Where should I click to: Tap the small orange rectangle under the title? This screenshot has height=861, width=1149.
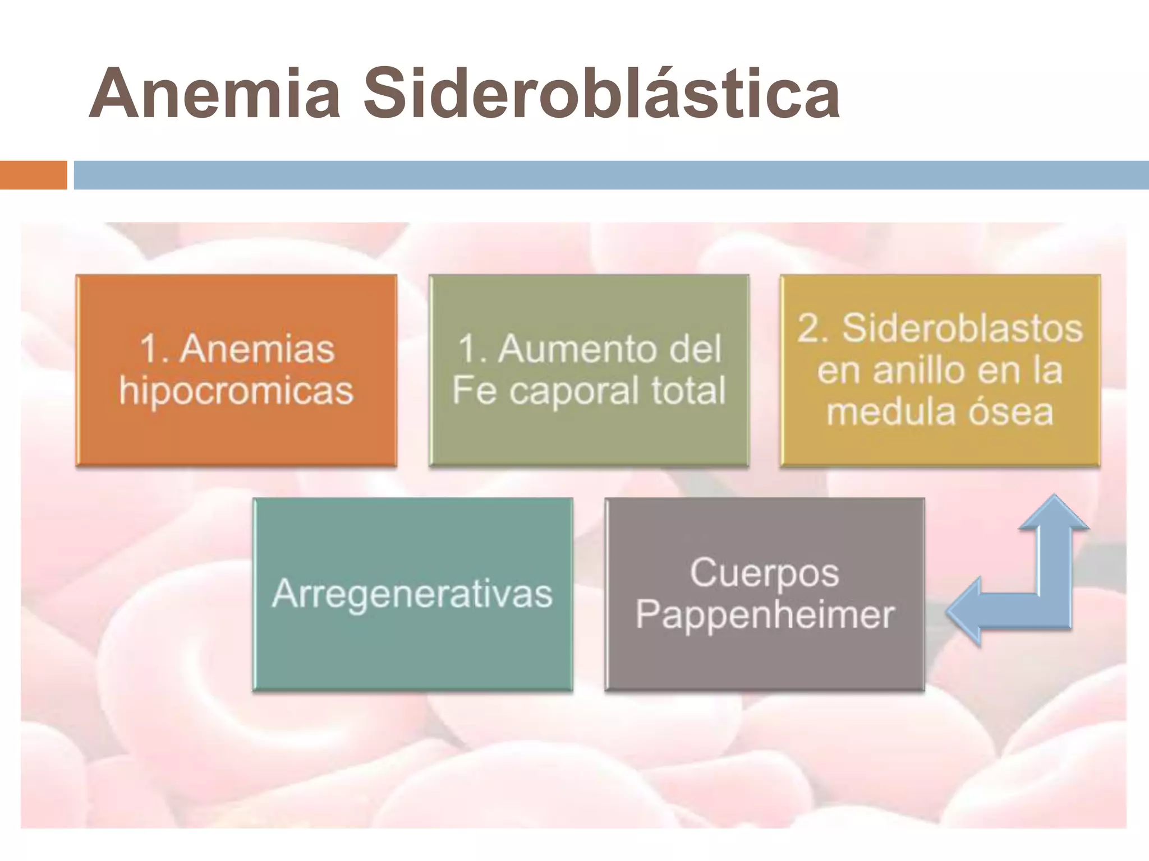[33, 175]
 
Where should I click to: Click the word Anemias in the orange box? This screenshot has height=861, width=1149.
[258, 349]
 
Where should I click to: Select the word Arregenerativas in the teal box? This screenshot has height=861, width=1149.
[412, 594]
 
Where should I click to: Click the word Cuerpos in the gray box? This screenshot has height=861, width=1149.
[764, 573]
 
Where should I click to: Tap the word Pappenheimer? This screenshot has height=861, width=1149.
[764, 615]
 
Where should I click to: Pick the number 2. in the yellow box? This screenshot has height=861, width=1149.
[814, 328]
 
